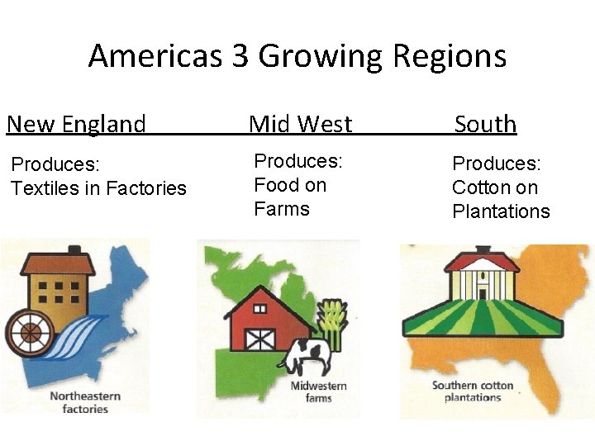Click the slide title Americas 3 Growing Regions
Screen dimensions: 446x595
tap(297, 56)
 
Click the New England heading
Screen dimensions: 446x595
tap(76, 124)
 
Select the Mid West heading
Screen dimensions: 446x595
tap(300, 124)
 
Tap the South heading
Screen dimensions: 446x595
tap(485, 124)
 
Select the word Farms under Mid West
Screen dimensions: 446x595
tap(282, 208)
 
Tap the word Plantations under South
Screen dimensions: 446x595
tap(501, 211)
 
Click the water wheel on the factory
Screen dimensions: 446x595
tap(30, 332)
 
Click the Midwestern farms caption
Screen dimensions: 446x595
tap(318, 392)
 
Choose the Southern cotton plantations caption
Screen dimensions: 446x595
tap(472, 391)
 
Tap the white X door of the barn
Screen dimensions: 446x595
tap(261, 339)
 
